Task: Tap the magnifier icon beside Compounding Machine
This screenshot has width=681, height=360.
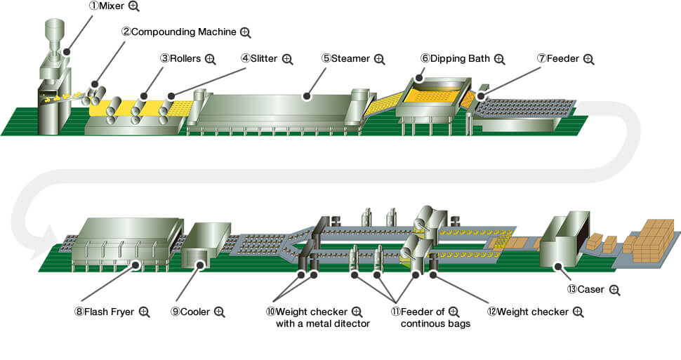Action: point(245,32)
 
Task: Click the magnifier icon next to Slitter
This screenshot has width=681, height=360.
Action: point(287,59)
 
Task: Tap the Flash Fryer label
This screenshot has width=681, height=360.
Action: point(103,312)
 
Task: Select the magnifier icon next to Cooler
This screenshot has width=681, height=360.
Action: point(219,312)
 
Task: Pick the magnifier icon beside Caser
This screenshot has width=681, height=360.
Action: point(615,289)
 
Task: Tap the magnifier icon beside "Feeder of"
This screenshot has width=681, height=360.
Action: point(453,312)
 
